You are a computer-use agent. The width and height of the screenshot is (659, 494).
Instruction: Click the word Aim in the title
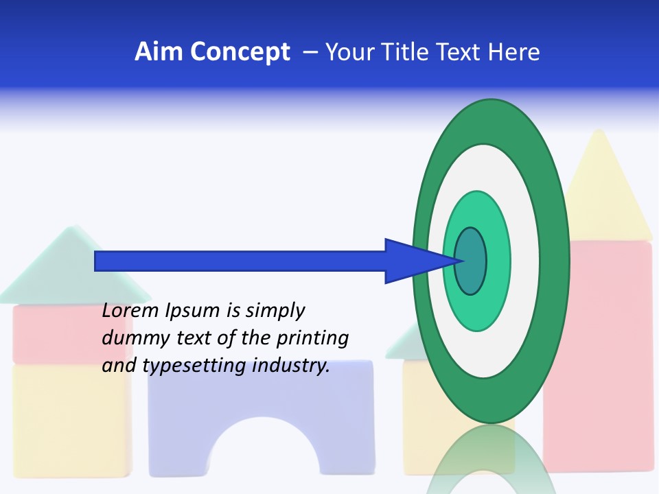tap(157, 52)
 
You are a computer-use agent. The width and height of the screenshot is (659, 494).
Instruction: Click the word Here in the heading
tap(513, 52)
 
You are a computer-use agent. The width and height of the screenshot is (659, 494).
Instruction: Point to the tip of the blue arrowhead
tap(463, 261)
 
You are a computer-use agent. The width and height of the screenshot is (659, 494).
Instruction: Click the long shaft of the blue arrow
tap(240, 261)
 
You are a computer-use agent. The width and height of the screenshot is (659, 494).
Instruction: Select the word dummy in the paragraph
tap(132, 339)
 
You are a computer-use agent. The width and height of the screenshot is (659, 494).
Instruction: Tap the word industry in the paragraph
tap(291, 366)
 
